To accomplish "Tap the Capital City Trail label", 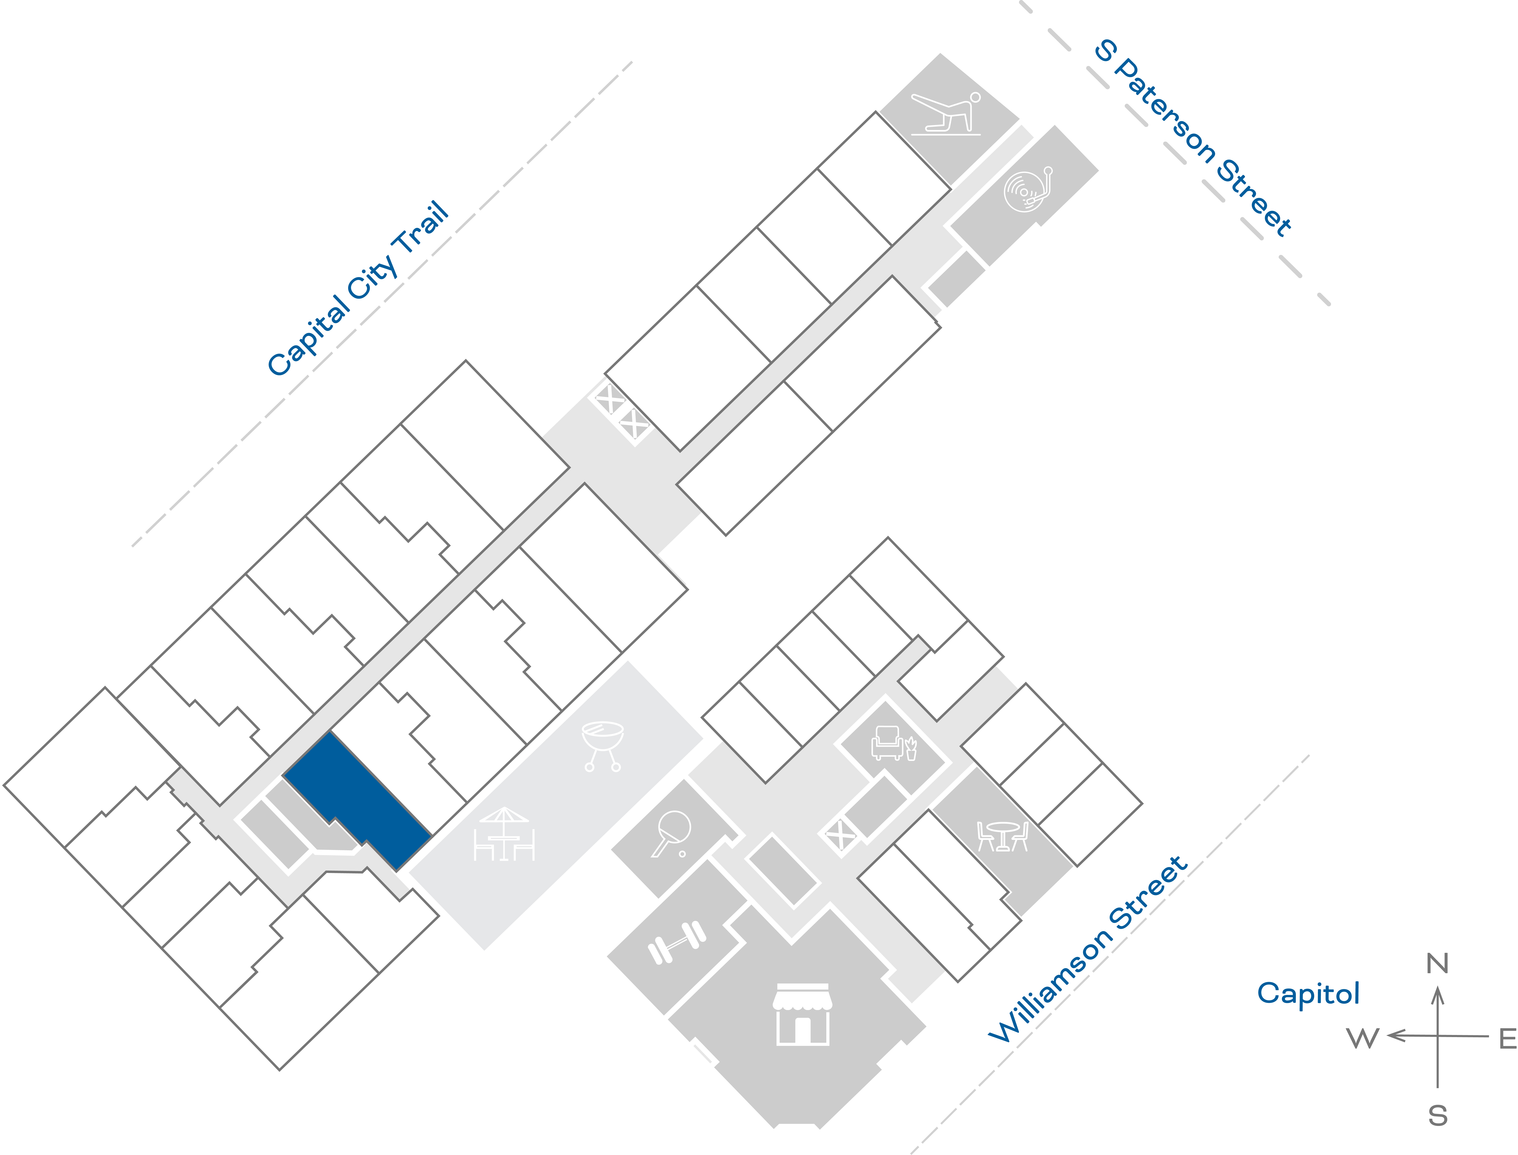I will point(358,289).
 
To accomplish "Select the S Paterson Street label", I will point(1193,138).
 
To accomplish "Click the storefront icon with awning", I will point(802,1014).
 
